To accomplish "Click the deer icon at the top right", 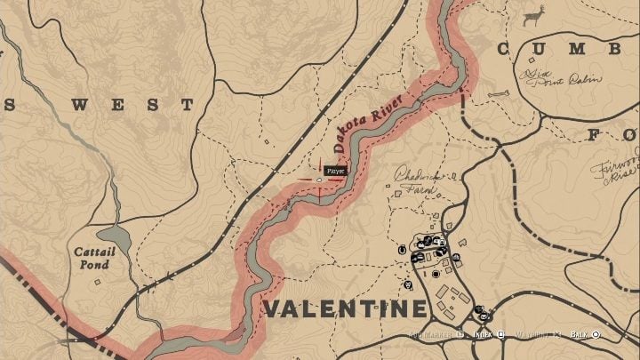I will coord(533,15).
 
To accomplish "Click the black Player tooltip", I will coord(335,169).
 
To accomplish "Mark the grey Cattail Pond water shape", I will coord(114,237).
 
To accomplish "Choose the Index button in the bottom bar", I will coord(484,335).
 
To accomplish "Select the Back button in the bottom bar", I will coord(583,335).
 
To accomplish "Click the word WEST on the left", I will coord(132,105).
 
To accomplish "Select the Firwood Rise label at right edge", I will coord(621,169).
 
